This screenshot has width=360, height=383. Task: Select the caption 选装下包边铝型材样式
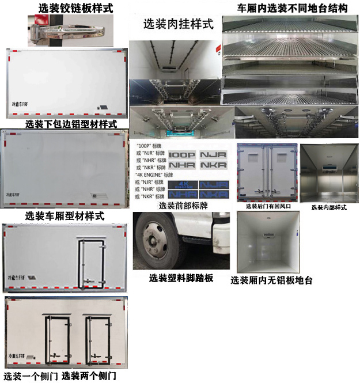(71, 124)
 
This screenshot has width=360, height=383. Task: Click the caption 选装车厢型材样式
(65, 216)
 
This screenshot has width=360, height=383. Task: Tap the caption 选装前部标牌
(184, 206)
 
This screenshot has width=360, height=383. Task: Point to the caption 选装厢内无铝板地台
(271, 280)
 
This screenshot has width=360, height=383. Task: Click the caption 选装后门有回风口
(268, 206)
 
